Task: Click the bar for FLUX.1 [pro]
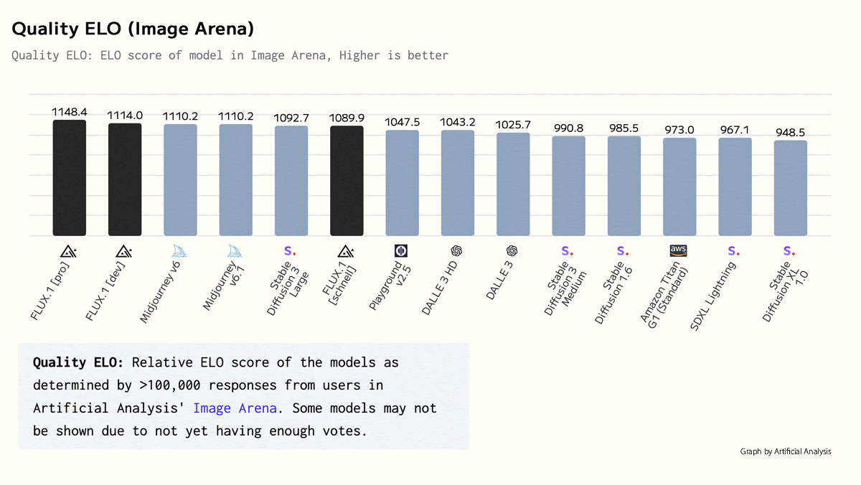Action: coord(70,178)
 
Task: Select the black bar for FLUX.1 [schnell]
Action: coord(347,181)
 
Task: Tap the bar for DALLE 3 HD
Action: coord(458,183)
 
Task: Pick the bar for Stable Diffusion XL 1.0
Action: coord(790,188)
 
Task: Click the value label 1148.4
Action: coord(70,113)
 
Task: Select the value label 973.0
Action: coord(679,130)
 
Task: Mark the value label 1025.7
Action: coord(513,125)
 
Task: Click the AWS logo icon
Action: coord(678,250)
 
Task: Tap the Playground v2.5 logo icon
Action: coord(401,250)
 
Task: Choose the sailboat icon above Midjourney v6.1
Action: coord(235,250)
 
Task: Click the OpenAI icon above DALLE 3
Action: coord(512,250)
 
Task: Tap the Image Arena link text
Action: coord(235,408)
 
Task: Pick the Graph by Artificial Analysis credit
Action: coord(786,451)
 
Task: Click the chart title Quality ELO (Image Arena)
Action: coord(133,29)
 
